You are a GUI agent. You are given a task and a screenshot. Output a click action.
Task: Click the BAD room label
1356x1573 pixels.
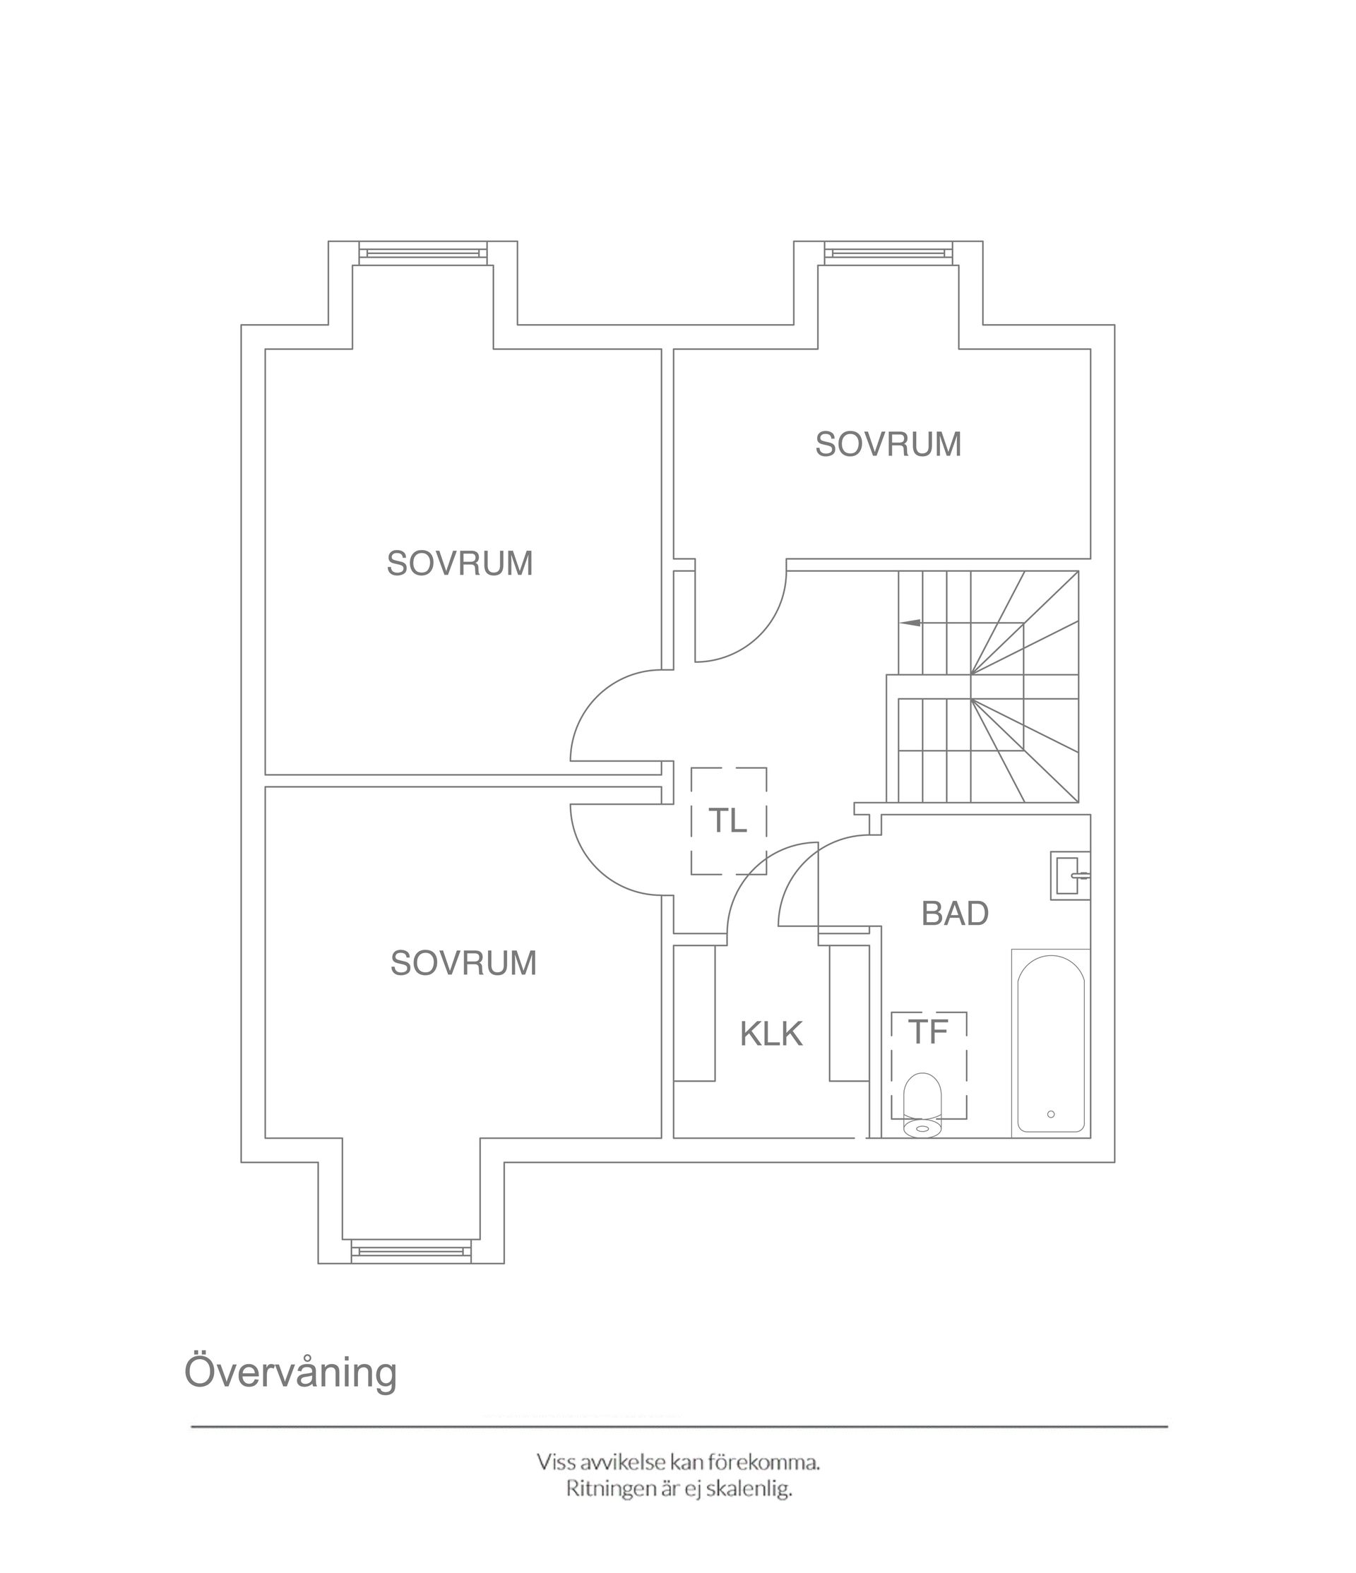tap(954, 914)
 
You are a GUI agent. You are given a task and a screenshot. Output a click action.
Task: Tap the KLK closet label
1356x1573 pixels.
tap(771, 1034)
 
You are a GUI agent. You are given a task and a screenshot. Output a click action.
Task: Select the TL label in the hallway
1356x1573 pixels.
tap(727, 820)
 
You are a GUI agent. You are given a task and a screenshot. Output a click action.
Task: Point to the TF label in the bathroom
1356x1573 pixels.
tap(928, 1031)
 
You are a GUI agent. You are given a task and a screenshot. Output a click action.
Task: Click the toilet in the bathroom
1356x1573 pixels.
tap(922, 1105)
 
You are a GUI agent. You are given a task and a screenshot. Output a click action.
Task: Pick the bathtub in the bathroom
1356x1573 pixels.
tap(1051, 1043)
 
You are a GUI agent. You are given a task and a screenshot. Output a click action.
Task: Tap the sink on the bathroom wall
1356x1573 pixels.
tap(1071, 876)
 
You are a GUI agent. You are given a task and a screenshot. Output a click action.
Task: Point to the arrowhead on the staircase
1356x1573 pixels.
tap(910, 623)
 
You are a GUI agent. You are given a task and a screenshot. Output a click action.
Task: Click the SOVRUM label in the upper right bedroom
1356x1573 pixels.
tap(888, 444)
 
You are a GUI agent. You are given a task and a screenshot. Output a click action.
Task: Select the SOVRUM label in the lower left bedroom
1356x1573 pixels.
tap(463, 962)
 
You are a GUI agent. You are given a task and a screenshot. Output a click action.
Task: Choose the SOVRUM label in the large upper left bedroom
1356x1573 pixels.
tap(459, 563)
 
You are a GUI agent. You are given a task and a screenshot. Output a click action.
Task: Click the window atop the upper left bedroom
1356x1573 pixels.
tap(422, 253)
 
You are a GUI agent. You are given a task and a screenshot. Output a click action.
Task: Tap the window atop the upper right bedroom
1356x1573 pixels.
tap(888, 253)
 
